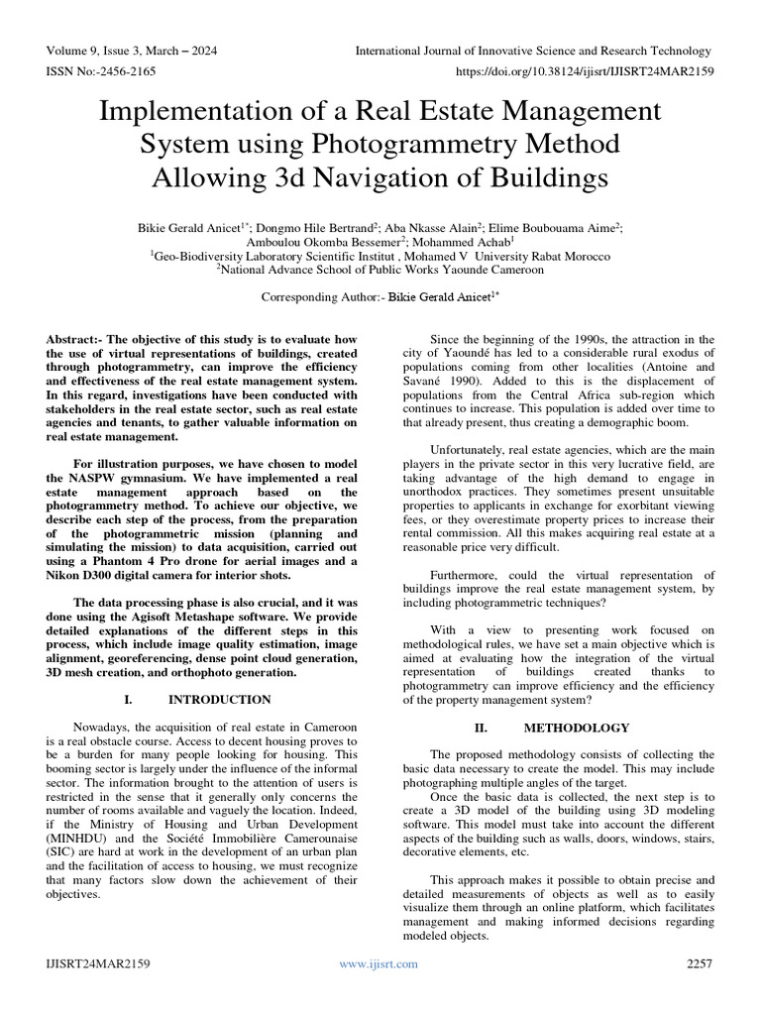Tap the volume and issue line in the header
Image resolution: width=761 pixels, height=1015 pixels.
coord(131,51)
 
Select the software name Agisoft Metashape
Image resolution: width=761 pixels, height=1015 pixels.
coord(200,616)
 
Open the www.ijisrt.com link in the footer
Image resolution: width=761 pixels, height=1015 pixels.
coord(380,962)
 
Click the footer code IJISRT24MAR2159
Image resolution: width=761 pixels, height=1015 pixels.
coord(97,962)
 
